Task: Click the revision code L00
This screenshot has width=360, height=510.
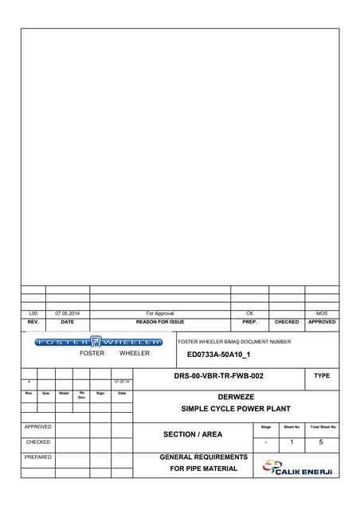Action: (x=33, y=314)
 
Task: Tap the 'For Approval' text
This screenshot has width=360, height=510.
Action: (x=160, y=314)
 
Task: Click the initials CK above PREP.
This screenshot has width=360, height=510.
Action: (x=249, y=314)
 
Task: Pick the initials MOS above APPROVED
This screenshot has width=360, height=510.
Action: (x=322, y=314)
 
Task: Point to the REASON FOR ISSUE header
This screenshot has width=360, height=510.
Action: (x=160, y=322)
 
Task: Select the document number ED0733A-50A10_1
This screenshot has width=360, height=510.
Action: (x=218, y=355)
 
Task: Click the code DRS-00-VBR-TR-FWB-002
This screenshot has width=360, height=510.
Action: (x=218, y=375)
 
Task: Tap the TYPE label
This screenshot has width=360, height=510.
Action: (x=322, y=375)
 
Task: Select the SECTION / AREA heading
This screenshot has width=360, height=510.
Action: (x=193, y=434)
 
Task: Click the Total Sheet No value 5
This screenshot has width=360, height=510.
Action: (x=322, y=441)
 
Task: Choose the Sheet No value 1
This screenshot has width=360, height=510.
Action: (x=292, y=441)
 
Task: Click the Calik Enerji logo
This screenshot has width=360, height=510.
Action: (x=297, y=468)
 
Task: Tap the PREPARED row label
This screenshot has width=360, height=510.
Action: (x=38, y=457)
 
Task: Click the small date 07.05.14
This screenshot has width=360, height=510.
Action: (x=122, y=382)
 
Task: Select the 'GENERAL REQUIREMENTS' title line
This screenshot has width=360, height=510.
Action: (x=204, y=457)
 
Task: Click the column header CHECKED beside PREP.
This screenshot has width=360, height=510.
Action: (x=286, y=322)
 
